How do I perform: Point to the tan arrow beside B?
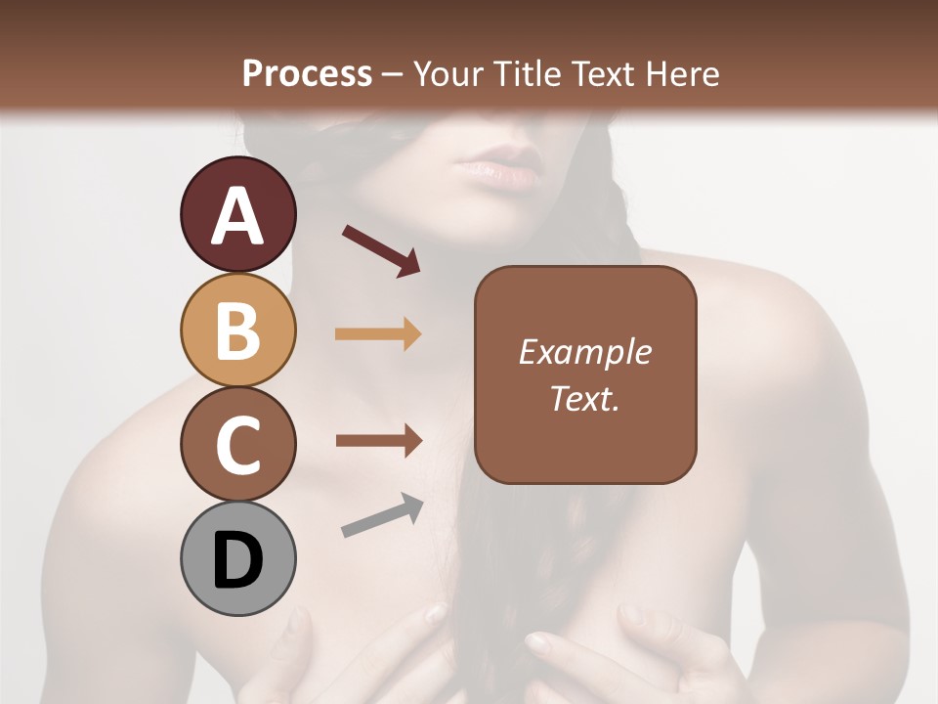coord(378,334)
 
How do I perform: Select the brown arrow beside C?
coord(378,440)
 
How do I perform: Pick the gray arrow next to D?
coord(382,516)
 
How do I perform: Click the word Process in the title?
coord(307,74)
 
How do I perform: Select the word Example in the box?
coord(584,352)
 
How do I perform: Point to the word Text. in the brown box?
coord(584,398)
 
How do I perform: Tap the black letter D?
coord(237,562)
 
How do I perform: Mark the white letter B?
coord(237,331)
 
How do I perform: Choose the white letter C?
coord(237,446)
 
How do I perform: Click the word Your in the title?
coord(448,74)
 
